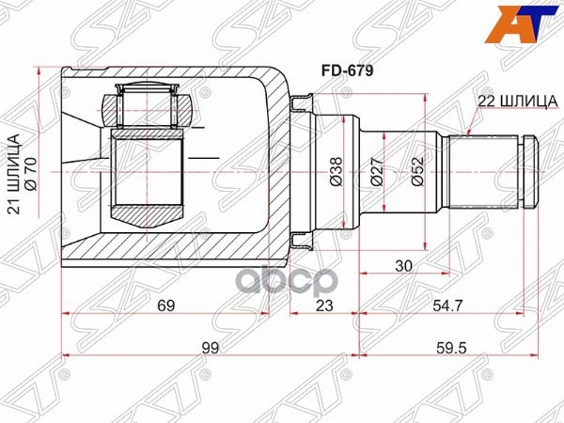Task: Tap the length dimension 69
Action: (165, 305)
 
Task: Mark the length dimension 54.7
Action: (446, 305)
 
